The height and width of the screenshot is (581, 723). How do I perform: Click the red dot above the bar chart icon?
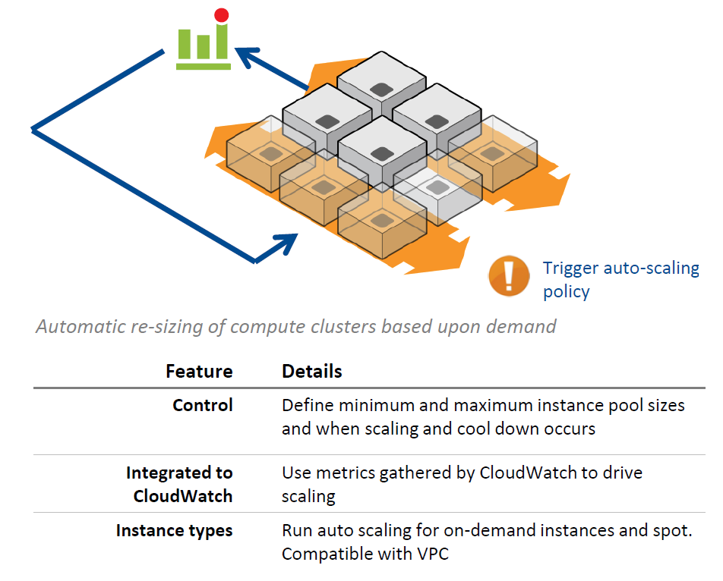coord(221,14)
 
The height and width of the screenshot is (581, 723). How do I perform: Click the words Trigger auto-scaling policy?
coord(620,279)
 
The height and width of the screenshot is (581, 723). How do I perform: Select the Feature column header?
coord(199,371)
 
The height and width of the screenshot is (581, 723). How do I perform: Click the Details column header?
coord(312,371)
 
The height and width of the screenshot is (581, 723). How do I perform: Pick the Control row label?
coord(203,405)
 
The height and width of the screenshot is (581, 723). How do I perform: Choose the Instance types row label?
coord(175,530)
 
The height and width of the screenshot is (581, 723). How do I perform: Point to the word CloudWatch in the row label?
coord(183,496)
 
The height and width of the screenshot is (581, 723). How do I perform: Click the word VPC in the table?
coord(432,554)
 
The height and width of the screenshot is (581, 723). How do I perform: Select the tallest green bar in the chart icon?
coord(221,41)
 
